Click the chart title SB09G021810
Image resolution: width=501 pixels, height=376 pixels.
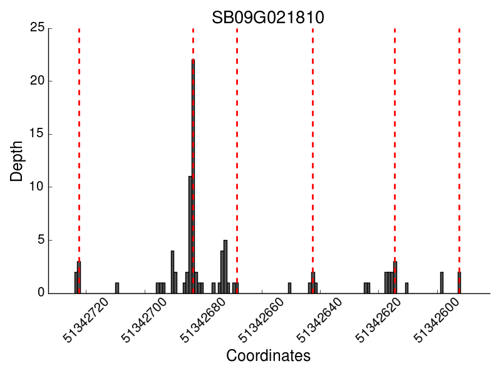(267, 17)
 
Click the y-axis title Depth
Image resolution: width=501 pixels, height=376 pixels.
(17, 161)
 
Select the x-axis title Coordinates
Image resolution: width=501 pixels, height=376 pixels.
(268, 357)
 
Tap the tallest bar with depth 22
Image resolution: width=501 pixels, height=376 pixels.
(193, 175)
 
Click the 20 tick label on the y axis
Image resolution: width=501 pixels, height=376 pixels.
(37, 81)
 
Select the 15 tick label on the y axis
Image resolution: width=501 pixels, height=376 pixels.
(37, 134)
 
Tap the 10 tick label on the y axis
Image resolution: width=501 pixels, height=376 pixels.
(37, 187)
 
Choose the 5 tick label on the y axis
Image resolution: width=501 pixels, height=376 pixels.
(40, 240)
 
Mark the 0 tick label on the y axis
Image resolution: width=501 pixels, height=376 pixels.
(40, 293)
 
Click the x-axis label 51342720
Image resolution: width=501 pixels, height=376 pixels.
(87, 321)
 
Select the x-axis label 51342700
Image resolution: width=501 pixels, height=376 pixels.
(145, 321)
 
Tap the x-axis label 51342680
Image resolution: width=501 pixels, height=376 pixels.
(204, 321)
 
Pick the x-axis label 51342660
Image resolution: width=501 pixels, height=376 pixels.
(262, 321)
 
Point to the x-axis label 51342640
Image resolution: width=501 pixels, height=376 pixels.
(321, 321)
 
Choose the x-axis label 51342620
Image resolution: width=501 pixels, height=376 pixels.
(380, 321)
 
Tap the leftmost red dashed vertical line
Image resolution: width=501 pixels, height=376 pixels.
(79, 125)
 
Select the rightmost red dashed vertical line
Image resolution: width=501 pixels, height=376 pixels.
(459, 125)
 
